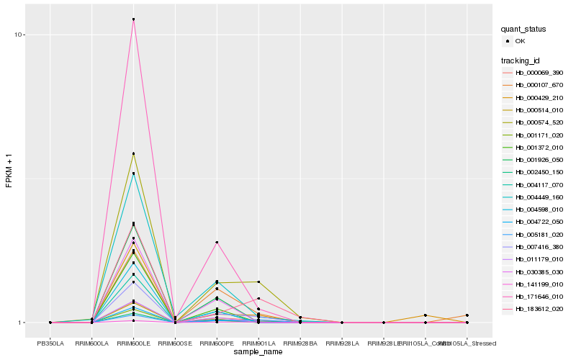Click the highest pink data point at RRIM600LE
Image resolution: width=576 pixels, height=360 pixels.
pos(134,19)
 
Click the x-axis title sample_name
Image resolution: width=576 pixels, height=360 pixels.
pos(258,352)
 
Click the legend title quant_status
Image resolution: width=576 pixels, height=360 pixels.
pos(523,30)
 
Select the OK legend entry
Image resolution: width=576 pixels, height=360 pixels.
pos(529,41)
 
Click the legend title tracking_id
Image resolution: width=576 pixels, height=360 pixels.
pos(521,60)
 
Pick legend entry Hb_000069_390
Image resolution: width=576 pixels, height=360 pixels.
pos(539,73)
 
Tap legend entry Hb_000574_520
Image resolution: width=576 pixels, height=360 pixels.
pos(539,122)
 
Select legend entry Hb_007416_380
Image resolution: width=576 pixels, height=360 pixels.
pos(539,247)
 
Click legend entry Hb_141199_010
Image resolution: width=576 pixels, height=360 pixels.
pos(539,284)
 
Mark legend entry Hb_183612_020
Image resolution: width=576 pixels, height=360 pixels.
pos(539,309)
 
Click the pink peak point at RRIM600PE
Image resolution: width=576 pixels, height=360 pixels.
pos(217,243)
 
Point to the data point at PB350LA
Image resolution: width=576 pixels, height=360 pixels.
pos(50,323)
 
